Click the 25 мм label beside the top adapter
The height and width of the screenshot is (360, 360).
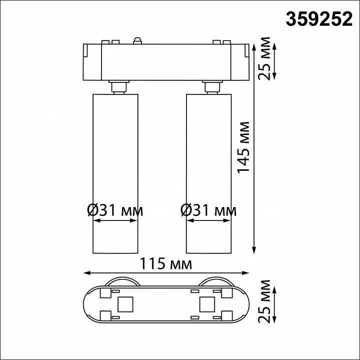coord(267,58)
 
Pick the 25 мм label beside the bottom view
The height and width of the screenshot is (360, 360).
coord(267,303)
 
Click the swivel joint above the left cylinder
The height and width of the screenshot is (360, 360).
coord(118,87)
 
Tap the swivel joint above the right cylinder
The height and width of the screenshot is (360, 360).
coord(210,87)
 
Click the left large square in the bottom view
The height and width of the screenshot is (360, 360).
coord(124,303)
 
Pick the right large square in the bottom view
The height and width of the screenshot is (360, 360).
coord(206,303)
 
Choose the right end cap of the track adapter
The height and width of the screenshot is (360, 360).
coord(240,62)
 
